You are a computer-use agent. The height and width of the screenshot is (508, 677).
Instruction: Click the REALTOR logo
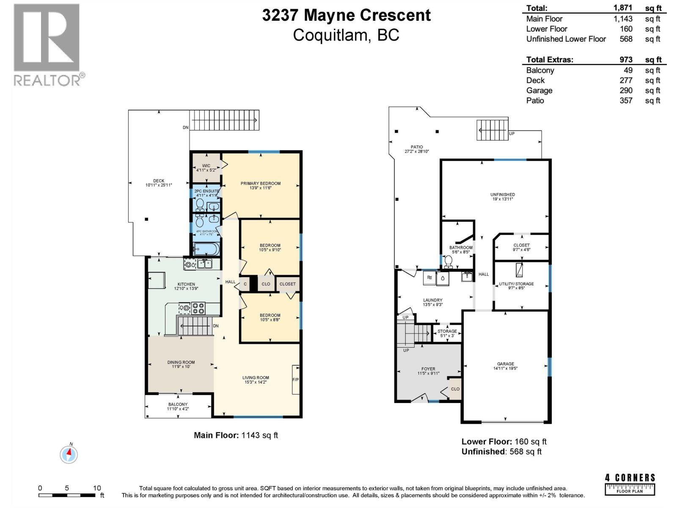[x=47, y=44]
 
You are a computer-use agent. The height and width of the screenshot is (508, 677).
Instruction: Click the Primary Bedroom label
[x=260, y=183]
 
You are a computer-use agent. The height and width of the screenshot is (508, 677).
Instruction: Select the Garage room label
[x=505, y=364]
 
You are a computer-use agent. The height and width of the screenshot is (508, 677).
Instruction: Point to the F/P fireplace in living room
[x=295, y=380]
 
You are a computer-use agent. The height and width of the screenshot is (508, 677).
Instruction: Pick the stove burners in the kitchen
[x=198, y=308]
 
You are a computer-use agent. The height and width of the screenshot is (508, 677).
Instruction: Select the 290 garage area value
[x=626, y=90]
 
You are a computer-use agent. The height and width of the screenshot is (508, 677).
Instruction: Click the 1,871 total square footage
[x=623, y=8]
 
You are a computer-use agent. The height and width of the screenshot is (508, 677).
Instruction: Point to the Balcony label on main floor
[x=178, y=404]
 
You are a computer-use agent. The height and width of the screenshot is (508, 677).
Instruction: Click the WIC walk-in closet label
[x=206, y=166]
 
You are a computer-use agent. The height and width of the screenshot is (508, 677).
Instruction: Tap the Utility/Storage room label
[x=516, y=284]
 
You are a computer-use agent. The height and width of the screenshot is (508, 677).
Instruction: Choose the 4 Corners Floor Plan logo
[x=630, y=484]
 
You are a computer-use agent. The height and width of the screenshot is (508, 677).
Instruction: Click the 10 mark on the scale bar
[x=97, y=488]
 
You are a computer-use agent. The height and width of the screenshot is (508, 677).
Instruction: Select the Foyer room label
[x=428, y=369]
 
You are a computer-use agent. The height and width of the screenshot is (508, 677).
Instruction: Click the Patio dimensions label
[x=417, y=151]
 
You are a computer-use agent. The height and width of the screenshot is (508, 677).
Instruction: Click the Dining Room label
[x=181, y=362]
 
